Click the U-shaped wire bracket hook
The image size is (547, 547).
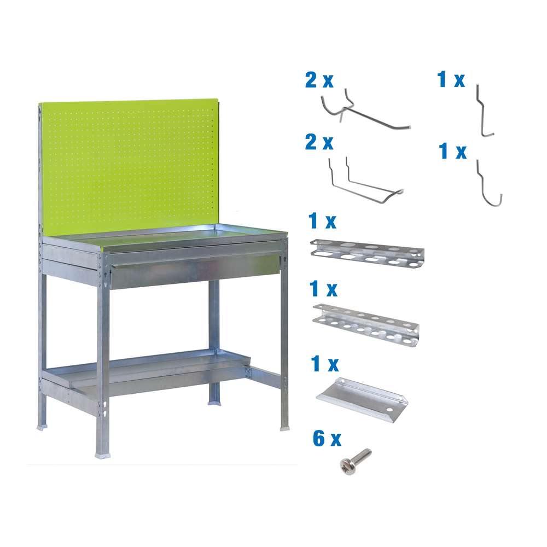(x=364, y=183)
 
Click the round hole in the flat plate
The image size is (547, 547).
(x=389, y=409)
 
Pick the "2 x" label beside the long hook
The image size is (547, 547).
(x=319, y=81)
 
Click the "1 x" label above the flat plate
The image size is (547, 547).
(x=324, y=363)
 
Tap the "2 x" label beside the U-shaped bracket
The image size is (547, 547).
(x=319, y=143)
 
